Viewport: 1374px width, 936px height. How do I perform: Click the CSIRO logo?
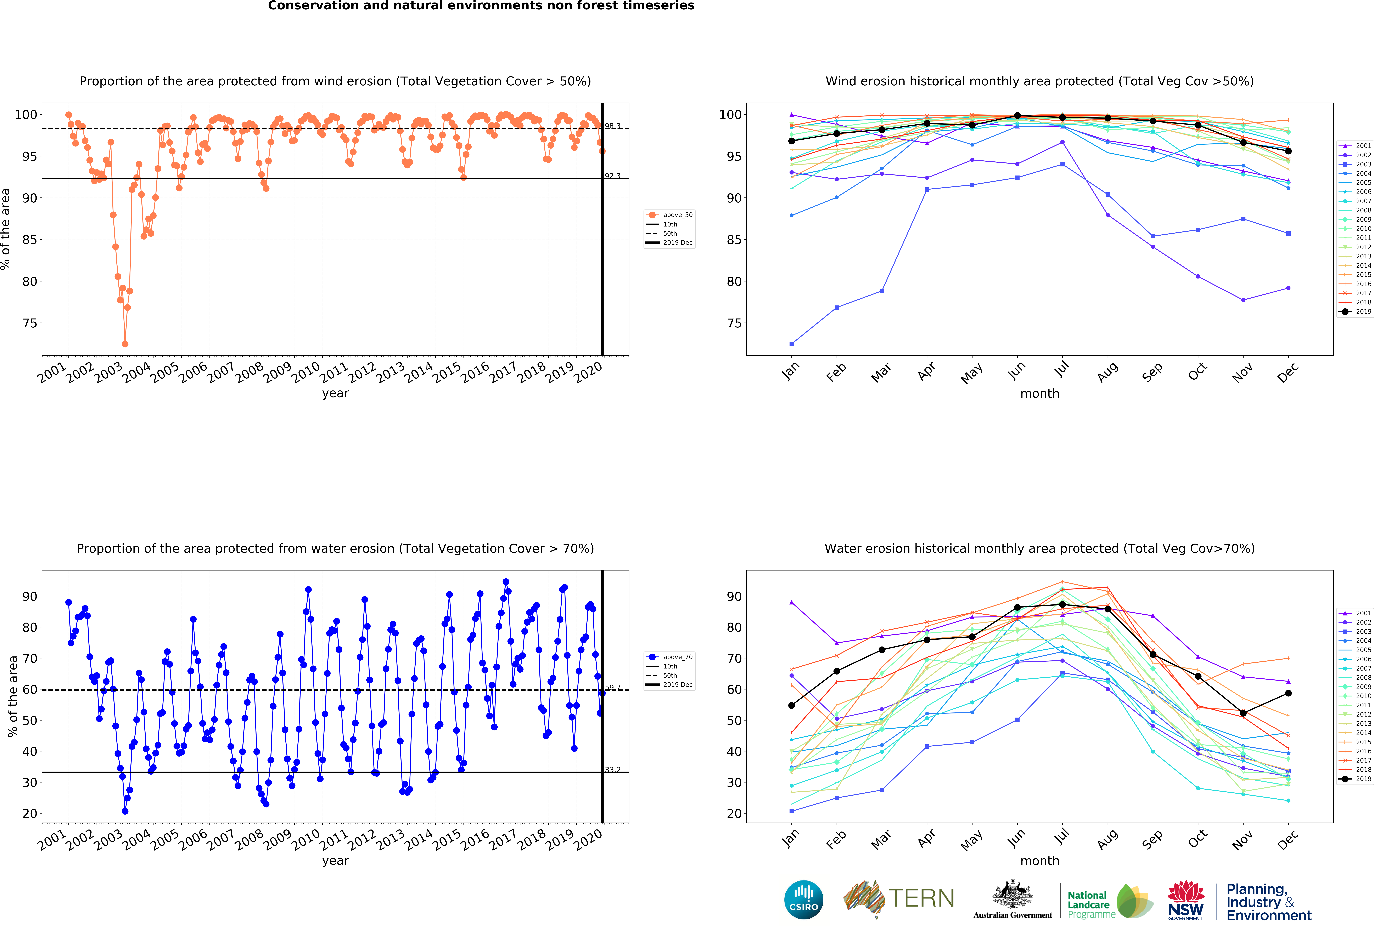click(803, 900)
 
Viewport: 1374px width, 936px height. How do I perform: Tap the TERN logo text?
click(921, 898)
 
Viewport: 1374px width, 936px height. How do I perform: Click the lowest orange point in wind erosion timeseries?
click(125, 344)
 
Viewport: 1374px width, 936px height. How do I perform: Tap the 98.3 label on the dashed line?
click(612, 126)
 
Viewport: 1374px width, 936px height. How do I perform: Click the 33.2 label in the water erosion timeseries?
click(612, 769)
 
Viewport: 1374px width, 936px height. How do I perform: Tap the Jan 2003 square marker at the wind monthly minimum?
click(792, 344)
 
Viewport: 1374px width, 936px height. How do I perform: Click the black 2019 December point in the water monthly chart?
click(1288, 693)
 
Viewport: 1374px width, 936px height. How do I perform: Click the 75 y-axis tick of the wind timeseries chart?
click(30, 323)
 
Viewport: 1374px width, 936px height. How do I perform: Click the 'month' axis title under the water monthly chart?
click(1039, 861)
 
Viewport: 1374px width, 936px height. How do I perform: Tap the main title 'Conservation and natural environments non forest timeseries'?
click(481, 6)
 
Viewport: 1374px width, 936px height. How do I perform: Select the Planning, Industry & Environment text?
click(1268, 902)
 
